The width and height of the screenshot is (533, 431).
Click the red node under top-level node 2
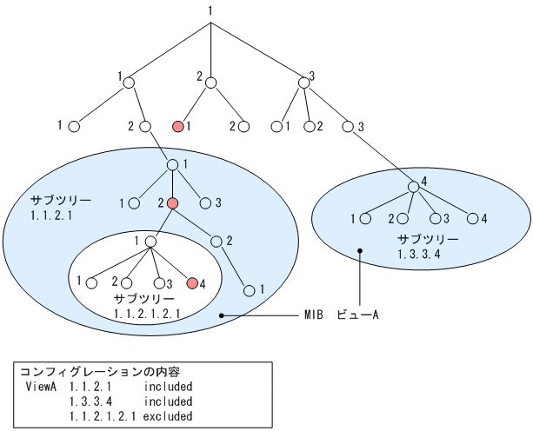pyautogui.click(x=177, y=127)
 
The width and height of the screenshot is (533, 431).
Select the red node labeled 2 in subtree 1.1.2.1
pyautogui.click(x=172, y=202)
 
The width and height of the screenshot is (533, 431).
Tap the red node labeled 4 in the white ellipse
pyautogui.click(x=192, y=282)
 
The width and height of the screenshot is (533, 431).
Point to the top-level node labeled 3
pyautogui.click(x=303, y=83)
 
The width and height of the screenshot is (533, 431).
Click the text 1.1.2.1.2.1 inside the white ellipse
pyautogui.click(x=146, y=312)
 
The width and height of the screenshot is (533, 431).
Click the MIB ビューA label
pyautogui.click(x=341, y=315)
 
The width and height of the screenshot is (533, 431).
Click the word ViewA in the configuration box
pyautogui.click(x=42, y=386)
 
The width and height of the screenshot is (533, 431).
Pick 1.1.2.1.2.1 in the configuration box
pyautogui.click(x=103, y=417)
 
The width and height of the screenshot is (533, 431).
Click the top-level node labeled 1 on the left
pyautogui.click(x=128, y=83)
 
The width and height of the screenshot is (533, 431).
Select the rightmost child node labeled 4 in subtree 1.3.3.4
pyautogui.click(x=473, y=218)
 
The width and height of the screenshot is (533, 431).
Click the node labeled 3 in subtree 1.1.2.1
pyautogui.click(x=205, y=203)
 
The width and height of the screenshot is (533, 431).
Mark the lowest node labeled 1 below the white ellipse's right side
pyautogui.click(x=250, y=289)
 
